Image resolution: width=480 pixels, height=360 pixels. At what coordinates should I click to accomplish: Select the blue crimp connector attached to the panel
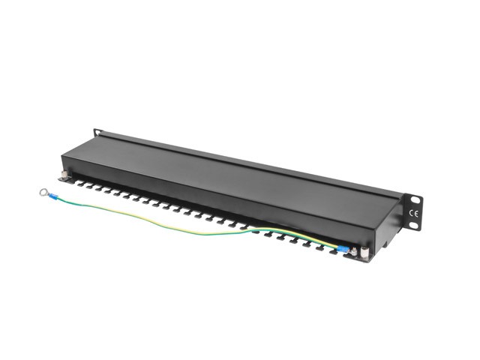click(343, 250)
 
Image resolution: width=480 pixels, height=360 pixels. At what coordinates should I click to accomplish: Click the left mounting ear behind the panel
click(98, 133)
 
